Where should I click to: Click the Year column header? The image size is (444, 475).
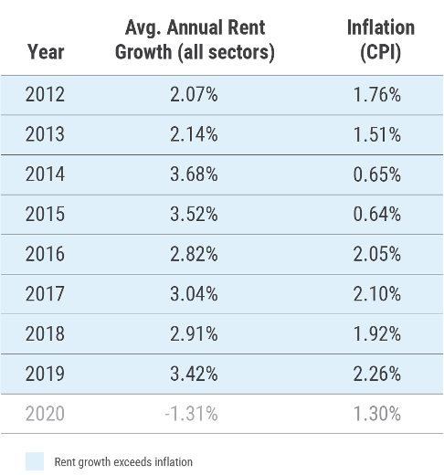pos(46,52)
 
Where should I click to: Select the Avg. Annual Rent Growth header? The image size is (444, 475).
pos(194,40)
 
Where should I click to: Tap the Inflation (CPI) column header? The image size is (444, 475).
pos(380,40)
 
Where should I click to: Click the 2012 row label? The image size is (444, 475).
pos(46,95)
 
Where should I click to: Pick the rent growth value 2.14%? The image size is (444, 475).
pos(194,135)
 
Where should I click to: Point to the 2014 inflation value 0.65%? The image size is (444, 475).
pos(375,174)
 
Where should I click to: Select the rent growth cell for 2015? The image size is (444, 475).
pos(194,215)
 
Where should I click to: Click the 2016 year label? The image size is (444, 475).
pos(46,254)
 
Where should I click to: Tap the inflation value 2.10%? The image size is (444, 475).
pos(375,294)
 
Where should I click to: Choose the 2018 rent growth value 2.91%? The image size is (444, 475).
pos(194,333)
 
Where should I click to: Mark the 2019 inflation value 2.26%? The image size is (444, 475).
pos(375,374)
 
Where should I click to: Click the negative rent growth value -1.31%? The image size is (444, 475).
pos(191,414)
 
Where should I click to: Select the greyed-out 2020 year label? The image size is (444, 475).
pos(46,414)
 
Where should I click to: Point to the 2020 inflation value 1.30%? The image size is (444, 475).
pos(375,414)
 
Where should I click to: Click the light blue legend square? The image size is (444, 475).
pos(35,461)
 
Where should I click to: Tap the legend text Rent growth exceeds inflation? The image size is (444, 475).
pos(123,462)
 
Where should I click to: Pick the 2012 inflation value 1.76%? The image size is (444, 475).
pos(375,95)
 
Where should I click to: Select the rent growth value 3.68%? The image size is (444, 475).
pos(194,174)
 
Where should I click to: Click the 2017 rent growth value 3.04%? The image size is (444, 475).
pos(194,294)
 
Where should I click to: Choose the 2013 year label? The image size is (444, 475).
pos(46,135)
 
